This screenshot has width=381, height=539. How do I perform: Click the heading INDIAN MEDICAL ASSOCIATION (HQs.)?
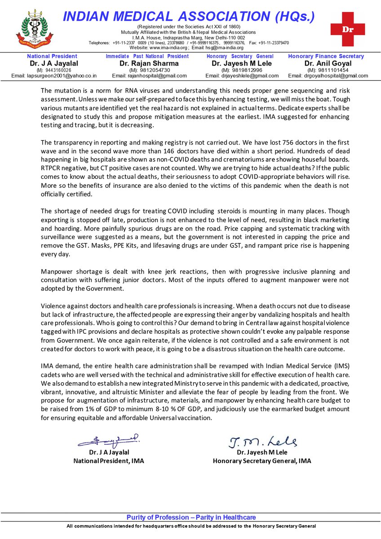pyautogui.click(x=189, y=17)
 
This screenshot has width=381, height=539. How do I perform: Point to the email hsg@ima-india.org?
pyautogui.click(x=223, y=48)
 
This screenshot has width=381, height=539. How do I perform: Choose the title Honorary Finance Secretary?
pyautogui.click(x=326, y=56)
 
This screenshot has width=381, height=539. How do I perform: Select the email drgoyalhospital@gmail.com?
pyautogui.click(x=328, y=76)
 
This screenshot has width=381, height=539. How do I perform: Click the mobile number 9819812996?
pyautogui.click(x=245, y=70)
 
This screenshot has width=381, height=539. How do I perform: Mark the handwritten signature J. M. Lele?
pyautogui.click(x=263, y=442)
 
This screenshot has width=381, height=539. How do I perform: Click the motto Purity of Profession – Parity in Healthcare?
pyautogui.click(x=191, y=517)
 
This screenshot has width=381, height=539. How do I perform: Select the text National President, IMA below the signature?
pyautogui.click(x=109, y=461)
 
